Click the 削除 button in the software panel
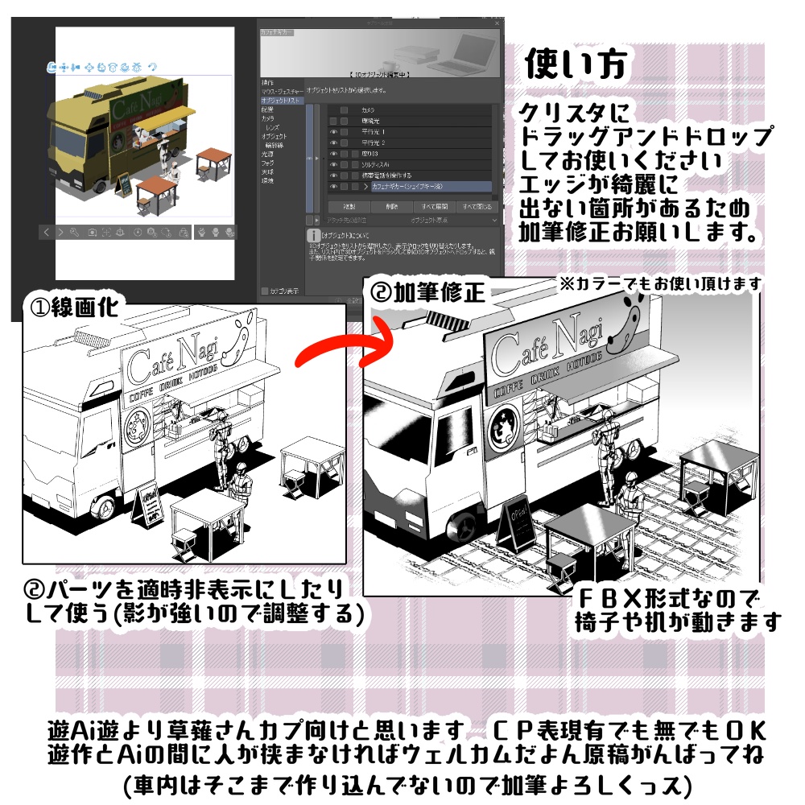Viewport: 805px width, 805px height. point(391,207)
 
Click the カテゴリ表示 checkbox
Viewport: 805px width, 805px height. point(266,291)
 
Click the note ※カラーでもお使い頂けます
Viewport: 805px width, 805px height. point(661,283)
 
